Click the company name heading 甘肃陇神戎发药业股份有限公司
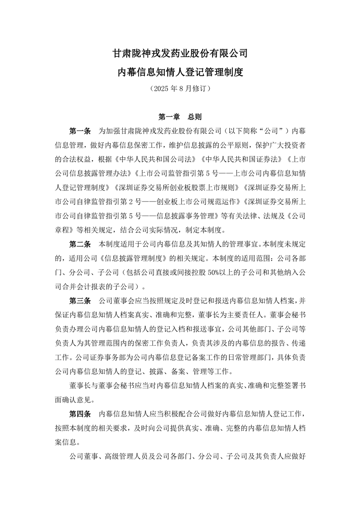coord(180,53)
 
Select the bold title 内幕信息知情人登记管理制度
coord(180,72)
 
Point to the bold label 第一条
coord(80,131)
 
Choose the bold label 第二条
coord(80,244)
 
